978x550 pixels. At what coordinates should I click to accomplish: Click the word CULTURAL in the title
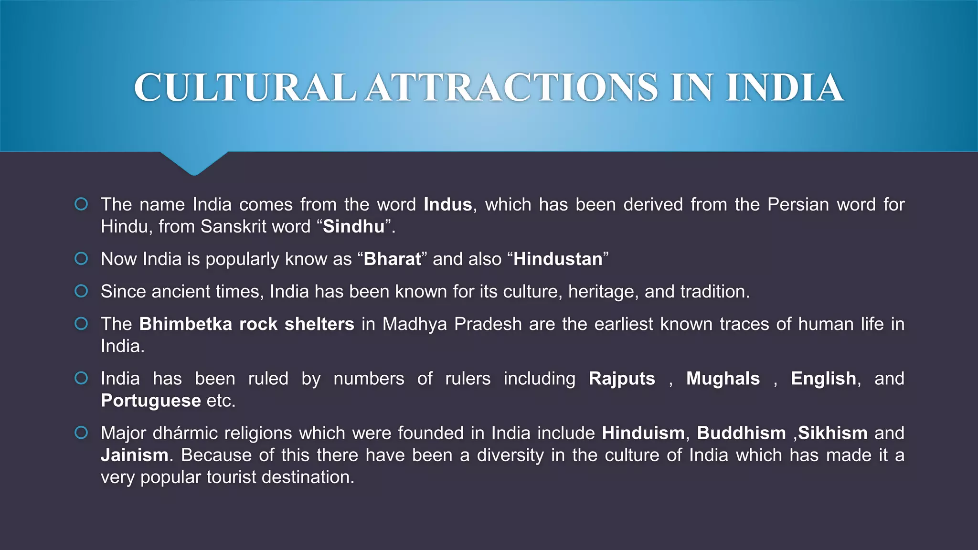[x=244, y=88]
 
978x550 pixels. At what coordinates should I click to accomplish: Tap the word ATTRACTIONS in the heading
[x=511, y=88]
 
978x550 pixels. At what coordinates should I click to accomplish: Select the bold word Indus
[x=447, y=205]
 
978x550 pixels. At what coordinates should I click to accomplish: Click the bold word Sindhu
[x=353, y=227]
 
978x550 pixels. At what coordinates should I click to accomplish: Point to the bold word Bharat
[x=392, y=259]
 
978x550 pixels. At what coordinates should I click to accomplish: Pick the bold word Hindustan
[x=558, y=259]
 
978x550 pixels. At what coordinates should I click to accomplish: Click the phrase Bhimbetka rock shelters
[x=246, y=324]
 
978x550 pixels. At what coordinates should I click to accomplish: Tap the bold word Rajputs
[x=622, y=379]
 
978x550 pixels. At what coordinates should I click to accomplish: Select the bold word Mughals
[x=723, y=379]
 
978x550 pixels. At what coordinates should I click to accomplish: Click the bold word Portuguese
[x=150, y=401]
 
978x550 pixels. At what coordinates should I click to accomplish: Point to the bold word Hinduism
[x=643, y=433]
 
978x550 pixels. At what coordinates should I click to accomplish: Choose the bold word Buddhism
[x=741, y=433]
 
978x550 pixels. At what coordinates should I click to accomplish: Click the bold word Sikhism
[x=832, y=433]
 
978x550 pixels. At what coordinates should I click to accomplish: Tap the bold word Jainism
[x=134, y=455]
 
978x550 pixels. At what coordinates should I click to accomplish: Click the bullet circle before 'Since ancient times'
[x=82, y=291]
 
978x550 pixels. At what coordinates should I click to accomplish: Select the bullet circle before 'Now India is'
[x=82, y=259]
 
